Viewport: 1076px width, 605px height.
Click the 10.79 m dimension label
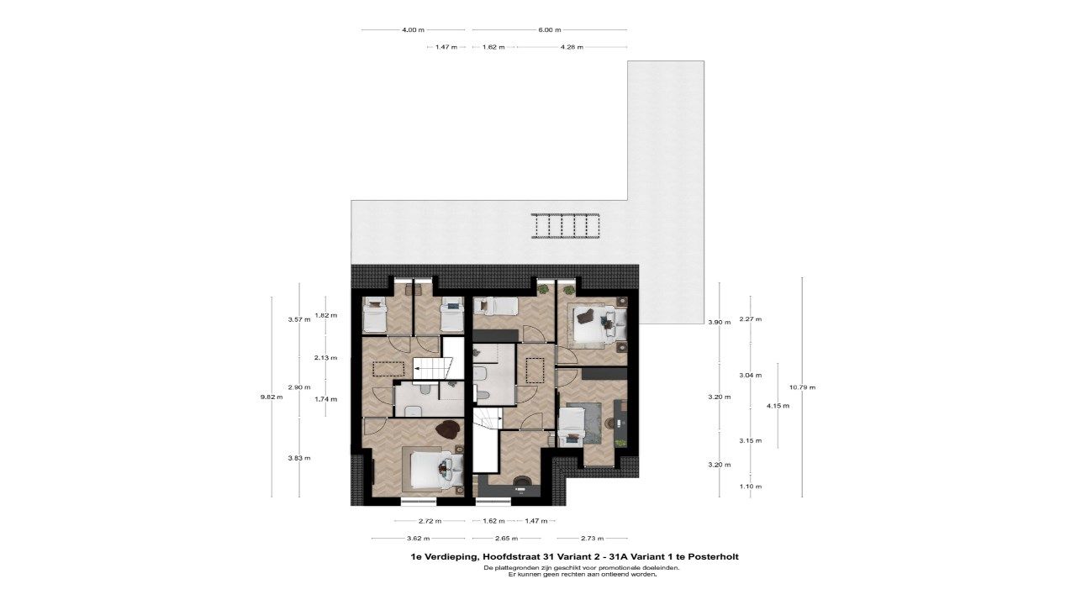(802, 387)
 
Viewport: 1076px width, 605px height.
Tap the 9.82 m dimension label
(272, 397)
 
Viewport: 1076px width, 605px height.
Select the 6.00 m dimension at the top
(550, 29)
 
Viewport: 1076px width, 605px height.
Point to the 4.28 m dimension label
(572, 47)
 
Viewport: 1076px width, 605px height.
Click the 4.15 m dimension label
(778, 406)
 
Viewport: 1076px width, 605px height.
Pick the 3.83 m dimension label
(299, 458)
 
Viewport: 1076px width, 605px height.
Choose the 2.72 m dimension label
(430, 521)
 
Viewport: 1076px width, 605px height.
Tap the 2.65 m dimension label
(507, 539)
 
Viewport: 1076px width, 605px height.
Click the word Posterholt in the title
(714, 557)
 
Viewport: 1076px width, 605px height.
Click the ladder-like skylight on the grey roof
(566, 226)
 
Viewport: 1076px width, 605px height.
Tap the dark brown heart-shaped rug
(449, 429)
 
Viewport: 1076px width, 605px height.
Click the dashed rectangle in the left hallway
(388, 369)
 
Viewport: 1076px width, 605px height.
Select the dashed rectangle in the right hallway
(535, 371)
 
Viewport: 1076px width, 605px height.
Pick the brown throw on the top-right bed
(586, 316)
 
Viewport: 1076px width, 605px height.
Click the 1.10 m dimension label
(751, 487)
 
